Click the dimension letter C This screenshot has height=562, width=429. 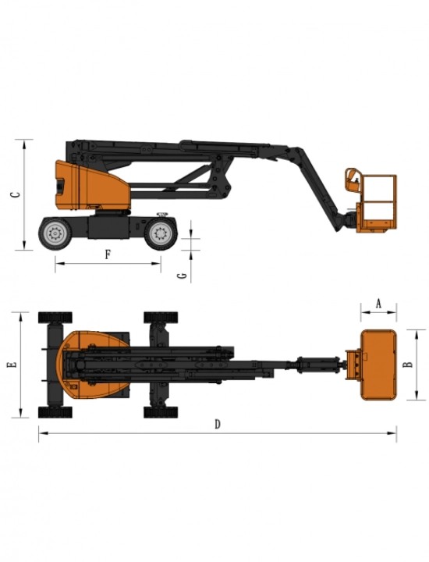pos(15,194)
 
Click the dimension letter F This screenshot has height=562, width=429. pos(108,254)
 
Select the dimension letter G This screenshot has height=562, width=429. pos(183,276)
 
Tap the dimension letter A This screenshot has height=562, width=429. pos(378,304)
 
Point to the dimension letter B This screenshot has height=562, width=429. pos(407,365)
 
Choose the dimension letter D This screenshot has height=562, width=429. pos(218,424)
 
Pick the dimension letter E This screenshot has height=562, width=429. pos(12,365)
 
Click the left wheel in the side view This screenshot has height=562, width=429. pos(55,233)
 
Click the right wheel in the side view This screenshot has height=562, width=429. pos(161,233)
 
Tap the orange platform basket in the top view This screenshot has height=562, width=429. pos(378,365)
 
